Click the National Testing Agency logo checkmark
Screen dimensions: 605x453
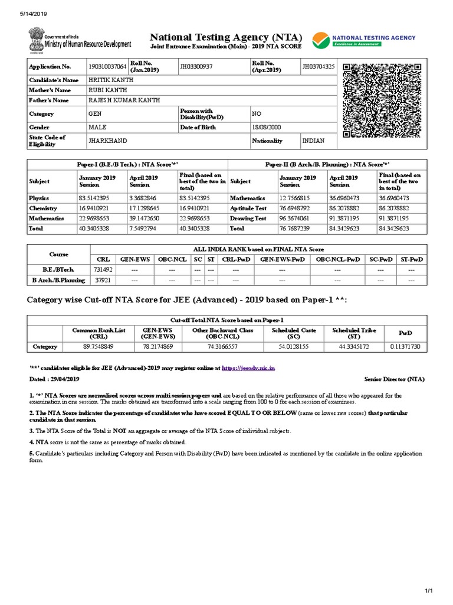pos(321,40)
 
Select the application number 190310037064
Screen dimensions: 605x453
pos(107,67)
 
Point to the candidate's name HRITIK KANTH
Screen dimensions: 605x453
pos(108,79)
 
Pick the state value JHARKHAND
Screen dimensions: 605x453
pos(107,141)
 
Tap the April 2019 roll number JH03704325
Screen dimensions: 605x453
pos(319,67)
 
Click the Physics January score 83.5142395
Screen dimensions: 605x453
pos(97,199)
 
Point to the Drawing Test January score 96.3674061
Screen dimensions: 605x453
pos(298,219)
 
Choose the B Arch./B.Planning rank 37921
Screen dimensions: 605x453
pos(97,279)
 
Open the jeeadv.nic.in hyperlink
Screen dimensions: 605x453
pos(248,368)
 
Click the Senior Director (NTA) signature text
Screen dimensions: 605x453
pos(394,379)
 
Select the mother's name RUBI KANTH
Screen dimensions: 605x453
pos(104,90)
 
